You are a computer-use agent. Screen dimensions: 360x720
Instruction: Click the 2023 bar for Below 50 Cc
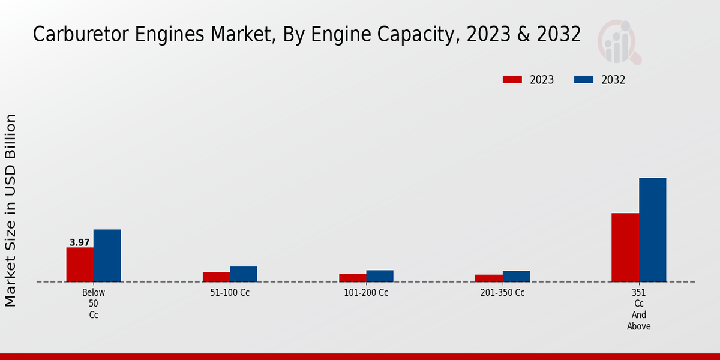[80, 265]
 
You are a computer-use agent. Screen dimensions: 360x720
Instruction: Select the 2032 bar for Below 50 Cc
[107, 256]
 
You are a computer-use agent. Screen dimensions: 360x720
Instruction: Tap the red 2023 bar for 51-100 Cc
[216, 277]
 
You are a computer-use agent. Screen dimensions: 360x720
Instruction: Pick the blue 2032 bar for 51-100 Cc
[243, 274]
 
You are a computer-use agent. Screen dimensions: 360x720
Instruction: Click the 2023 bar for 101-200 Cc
[352, 278]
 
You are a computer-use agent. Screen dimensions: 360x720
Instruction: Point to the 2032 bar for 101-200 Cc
[380, 276]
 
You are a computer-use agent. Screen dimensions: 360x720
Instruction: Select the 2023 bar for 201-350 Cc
[488, 278]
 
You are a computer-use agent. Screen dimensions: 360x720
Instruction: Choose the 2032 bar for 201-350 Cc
[516, 276]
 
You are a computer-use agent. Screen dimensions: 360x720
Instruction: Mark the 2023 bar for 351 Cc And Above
[625, 247]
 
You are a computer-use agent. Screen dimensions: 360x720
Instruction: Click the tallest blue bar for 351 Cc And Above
[652, 230]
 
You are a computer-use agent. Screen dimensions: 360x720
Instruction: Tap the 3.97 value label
[80, 242]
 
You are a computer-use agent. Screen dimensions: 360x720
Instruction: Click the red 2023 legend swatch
[512, 80]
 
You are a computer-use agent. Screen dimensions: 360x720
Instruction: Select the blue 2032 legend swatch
[584, 80]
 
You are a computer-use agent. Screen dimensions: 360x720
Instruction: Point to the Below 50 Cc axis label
[94, 304]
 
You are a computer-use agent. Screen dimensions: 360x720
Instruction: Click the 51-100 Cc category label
[230, 293]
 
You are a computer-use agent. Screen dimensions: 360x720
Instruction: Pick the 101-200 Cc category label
[366, 293]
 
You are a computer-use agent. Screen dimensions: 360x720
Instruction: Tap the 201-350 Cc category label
[502, 293]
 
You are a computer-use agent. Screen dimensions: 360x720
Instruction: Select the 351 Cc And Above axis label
[639, 310]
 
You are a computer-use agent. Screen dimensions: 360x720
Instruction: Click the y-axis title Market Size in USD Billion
[11, 210]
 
